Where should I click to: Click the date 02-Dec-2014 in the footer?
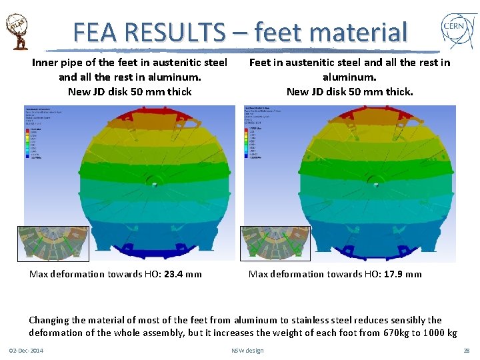tap(26, 351)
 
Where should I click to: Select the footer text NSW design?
tap(247, 351)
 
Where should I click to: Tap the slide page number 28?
tap(466, 351)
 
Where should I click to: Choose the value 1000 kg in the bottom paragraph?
tap(439, 333)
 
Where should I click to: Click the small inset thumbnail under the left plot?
tap(43, 242)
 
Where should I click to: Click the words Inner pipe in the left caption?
tap(55, 63)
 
